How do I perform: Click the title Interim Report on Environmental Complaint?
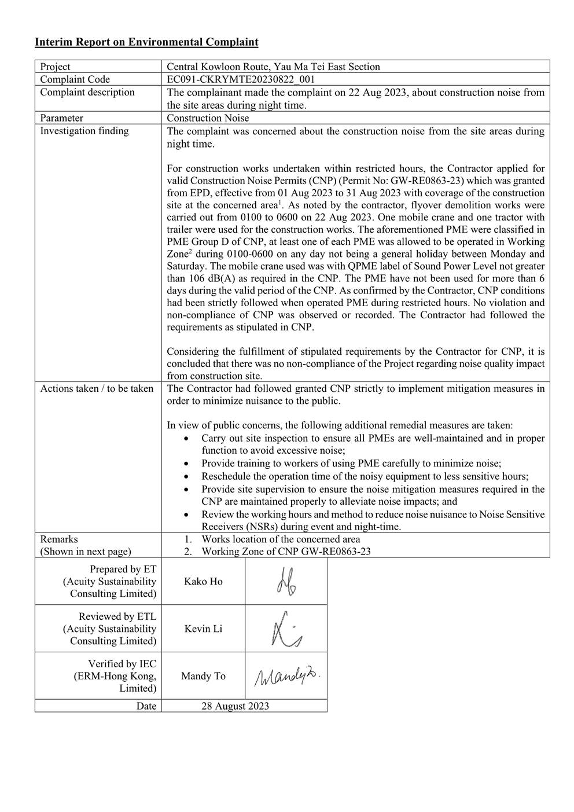[146, 42]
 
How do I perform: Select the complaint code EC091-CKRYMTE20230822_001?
[241, 79]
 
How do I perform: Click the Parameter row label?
[61, 118]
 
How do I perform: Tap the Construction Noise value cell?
[208, 118]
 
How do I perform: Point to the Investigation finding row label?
[84, 131]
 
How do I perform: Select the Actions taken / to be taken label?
[97, 388]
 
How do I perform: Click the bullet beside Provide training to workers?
[185, 464]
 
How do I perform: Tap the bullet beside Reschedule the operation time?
[185, 476]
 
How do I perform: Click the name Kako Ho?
[203, 582]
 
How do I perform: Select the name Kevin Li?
[203, 629]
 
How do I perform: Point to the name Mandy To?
[203, 676]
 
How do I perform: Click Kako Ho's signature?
[286, 582]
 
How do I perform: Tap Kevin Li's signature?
[286, 630]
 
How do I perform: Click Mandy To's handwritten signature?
[286, 676]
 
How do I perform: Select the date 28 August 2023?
[235, 706]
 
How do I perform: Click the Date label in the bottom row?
[146, 706]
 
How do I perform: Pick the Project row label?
[55, 67]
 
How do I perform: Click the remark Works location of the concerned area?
[281, 539]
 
